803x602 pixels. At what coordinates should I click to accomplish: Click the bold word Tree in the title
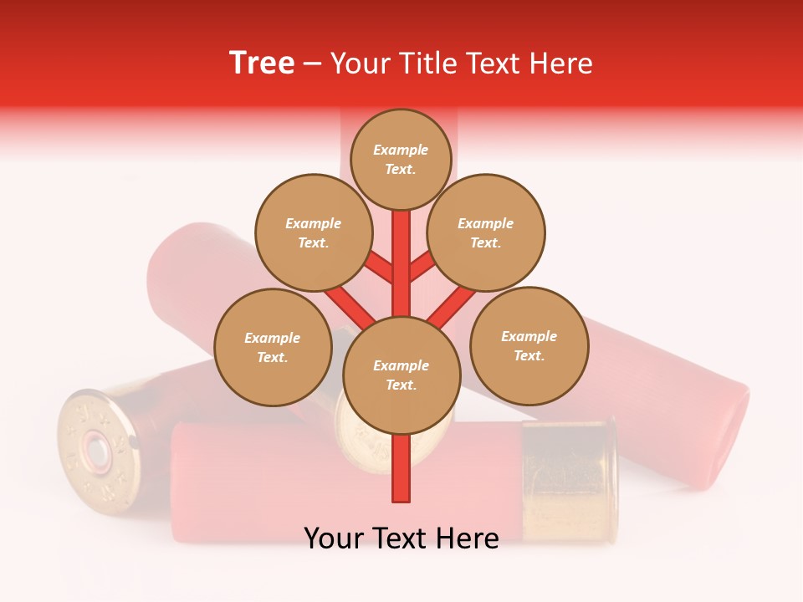coord(262,64)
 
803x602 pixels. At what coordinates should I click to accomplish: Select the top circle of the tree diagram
coord(401,159)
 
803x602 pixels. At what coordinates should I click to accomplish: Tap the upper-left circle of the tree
coord(313,232)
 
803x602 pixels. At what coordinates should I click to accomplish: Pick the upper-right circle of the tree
coord(486,232)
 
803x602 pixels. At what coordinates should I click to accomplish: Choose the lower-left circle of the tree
coord(273,347)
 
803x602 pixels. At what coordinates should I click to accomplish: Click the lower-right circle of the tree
coord(529,345)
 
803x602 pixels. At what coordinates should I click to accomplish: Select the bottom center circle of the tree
coord(401,375)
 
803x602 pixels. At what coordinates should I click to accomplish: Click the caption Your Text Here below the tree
coord(401,538)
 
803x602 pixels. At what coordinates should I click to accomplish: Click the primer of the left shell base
coord(97,452)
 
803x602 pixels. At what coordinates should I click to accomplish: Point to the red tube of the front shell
coord(335,485)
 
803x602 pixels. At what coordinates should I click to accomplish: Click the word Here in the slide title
coord(562,64)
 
